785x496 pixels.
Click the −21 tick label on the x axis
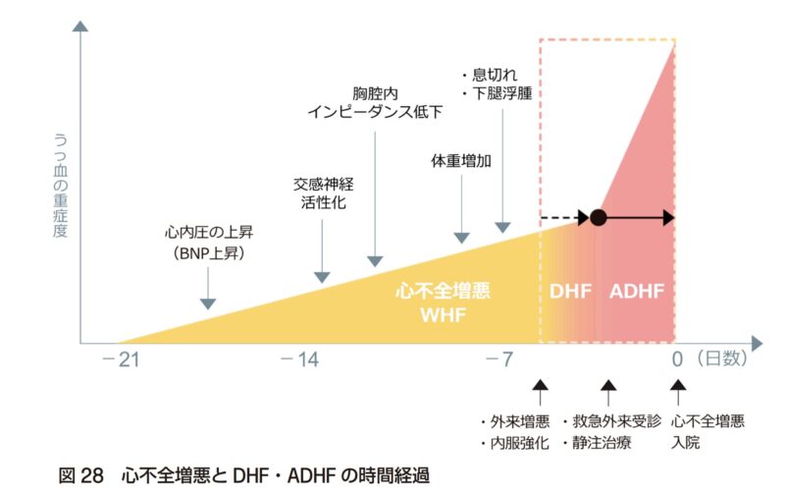(120, 359)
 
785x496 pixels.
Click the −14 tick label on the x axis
(298, 359)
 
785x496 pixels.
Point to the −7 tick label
(499, 359)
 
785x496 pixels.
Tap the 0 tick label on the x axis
(676, 359)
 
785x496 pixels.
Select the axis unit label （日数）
(721, 359)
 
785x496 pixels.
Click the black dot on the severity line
(599, 218)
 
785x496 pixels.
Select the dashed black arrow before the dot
(564, 218)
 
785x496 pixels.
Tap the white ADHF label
(637, 292)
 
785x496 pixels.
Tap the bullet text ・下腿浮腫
(501, 94)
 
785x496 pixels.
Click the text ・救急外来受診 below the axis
(611, 421)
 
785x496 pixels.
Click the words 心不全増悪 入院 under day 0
(707, 432)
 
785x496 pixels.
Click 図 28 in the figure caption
(81, 475)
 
